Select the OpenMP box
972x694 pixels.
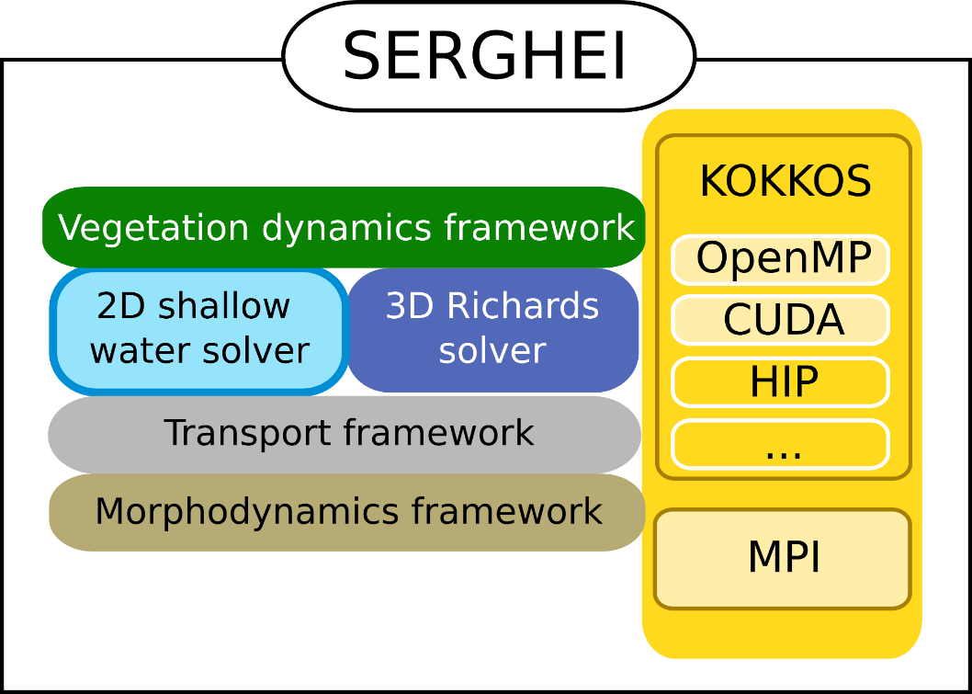tap(781, 260)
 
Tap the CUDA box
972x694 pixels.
tap(781, 320)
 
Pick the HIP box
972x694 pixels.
tap(781, 382)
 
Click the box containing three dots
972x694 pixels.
tap(781, 444)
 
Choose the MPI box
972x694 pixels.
tap(783, 559)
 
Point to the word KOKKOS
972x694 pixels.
tap(786, 182)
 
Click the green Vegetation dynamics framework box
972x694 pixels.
tap(344, 227)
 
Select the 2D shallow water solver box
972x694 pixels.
tap(199, 331)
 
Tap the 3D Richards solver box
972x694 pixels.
tap(492, 330)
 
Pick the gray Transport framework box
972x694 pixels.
tap(345, 435)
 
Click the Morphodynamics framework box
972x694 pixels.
tap(347, 512)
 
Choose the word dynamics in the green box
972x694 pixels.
tap(346, 228)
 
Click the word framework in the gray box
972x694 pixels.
tap(439, 432)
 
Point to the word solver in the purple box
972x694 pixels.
tap(492, 351)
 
